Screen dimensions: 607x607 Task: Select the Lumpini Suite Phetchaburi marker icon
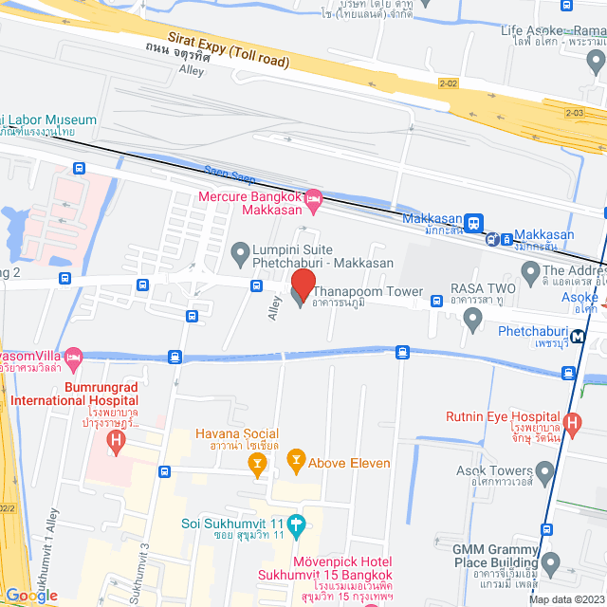(240, 251)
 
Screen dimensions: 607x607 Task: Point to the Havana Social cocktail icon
(256, 462)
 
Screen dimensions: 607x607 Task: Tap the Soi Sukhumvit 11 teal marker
(296, 523)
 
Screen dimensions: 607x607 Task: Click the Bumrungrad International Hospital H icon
(116, 440)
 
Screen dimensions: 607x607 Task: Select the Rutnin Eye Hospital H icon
(572, 423)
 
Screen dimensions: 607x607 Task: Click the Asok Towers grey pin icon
(544, 471)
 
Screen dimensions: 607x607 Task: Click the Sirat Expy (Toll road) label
(229, 48)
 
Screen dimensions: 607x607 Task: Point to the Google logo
(30, 596)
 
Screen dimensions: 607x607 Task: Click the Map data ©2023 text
(565, 599)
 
